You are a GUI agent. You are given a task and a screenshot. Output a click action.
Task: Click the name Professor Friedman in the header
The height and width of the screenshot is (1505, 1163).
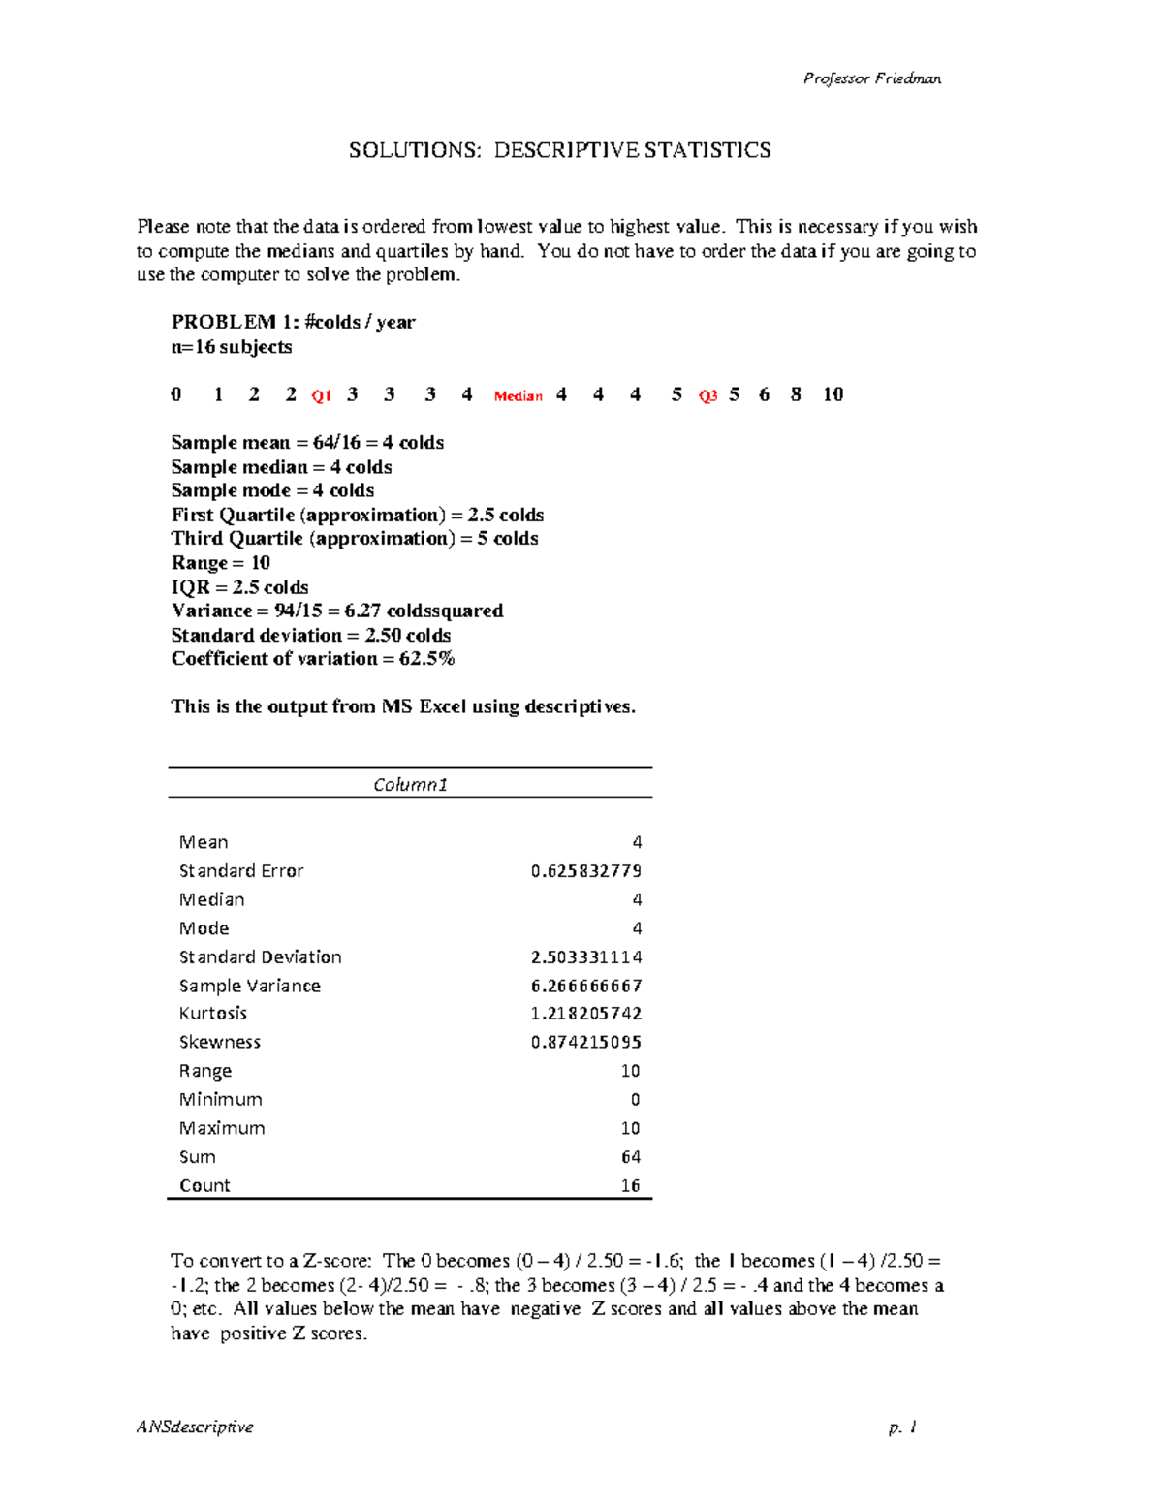click(x=871, y=78)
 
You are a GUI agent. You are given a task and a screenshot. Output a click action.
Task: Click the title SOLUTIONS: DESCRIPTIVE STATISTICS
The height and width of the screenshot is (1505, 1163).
click(x=560, y=150)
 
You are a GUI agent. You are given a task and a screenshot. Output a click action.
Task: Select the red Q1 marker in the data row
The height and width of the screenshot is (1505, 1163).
click(x=322, y=396)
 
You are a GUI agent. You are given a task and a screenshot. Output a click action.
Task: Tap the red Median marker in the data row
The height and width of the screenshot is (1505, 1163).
click(x=519, y=396)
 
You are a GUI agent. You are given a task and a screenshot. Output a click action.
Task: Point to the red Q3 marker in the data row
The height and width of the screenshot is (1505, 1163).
click(x=708, y=396)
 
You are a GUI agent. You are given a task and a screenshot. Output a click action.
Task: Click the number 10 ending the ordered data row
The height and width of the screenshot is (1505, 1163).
click(x=833, y=394)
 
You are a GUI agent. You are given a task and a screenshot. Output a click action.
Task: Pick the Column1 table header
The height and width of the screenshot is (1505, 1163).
click(x=410, y=785)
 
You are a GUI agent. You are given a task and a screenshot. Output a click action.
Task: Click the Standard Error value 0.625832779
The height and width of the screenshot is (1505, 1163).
click(x=585, y=871)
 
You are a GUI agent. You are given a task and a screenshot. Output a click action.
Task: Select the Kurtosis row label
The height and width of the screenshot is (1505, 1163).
click(x=213, y=1014)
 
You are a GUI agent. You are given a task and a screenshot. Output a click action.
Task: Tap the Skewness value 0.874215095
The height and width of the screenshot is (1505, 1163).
click(x=585, y=1043)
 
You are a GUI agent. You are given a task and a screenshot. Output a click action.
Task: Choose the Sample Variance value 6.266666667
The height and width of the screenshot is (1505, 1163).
click(x=585, y=986)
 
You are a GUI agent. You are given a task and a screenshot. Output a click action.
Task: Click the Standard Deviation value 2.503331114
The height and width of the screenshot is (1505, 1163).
click(x=585, y=957)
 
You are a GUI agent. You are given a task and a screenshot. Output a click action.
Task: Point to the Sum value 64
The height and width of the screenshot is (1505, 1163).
click(x=631, y=1157)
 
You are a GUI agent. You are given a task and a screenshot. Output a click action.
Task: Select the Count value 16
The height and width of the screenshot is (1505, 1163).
click(x=631, y=1186)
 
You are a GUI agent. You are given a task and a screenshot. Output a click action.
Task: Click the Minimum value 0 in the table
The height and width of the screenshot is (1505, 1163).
click(x=636, y=1100)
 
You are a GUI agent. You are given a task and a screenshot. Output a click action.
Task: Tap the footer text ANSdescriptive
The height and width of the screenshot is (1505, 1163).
click(x=195, y=1427)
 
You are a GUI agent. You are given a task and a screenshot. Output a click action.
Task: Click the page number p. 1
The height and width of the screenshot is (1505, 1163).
click(x=901, y=1427)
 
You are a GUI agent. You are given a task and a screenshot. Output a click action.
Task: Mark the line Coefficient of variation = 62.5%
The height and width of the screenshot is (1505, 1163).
click(x=313, y=659)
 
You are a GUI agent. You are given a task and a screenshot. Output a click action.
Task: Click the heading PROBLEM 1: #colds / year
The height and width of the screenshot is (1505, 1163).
click(x=293, y=323)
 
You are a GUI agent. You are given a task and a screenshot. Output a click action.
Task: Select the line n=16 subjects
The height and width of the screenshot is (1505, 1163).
click(x=232, y=347)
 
